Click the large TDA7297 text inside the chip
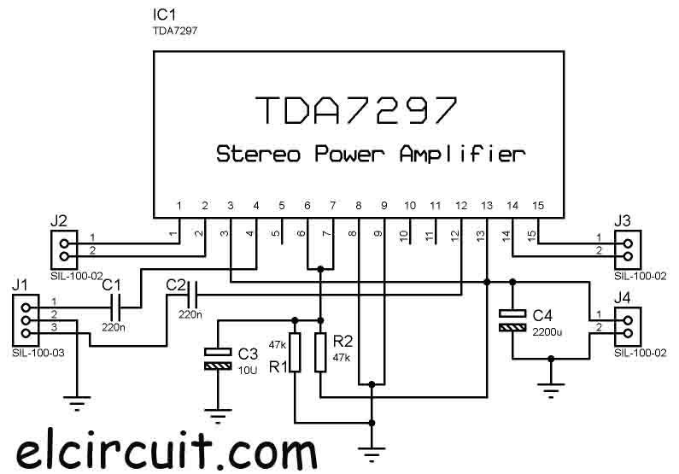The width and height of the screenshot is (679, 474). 356,110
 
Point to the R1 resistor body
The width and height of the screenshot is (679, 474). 294,353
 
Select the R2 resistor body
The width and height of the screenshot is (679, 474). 320,353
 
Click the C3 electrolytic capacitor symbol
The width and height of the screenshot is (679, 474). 220,359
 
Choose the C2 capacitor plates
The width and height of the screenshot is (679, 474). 195,295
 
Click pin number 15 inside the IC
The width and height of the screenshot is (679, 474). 537,206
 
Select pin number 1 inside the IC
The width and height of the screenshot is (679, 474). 179,206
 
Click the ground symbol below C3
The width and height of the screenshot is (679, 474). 220,416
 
